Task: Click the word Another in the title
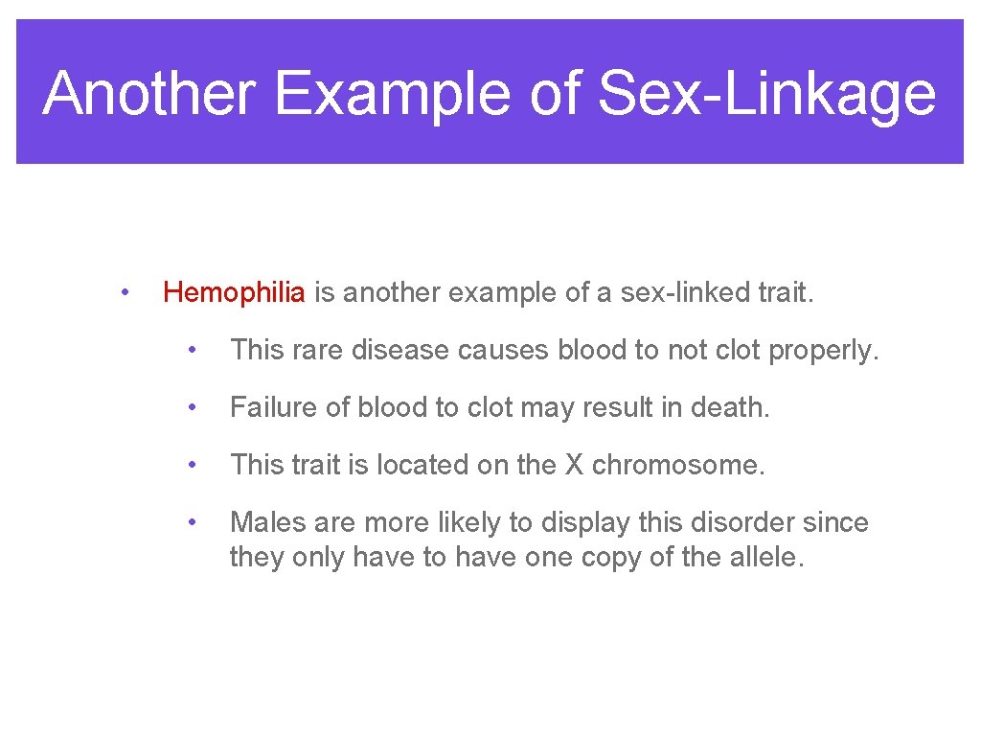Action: tap(148, 94)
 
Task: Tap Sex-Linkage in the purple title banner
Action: tap(765, 94)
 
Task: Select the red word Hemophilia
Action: tap(235, 292)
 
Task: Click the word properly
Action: tap(822, 351)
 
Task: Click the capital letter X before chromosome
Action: tap(573, 466)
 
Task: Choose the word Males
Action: tap(267, 523)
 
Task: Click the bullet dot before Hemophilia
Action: tap(125, 291)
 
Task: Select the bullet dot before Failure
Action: tap(193, 408)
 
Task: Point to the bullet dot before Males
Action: tap(193, 522)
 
